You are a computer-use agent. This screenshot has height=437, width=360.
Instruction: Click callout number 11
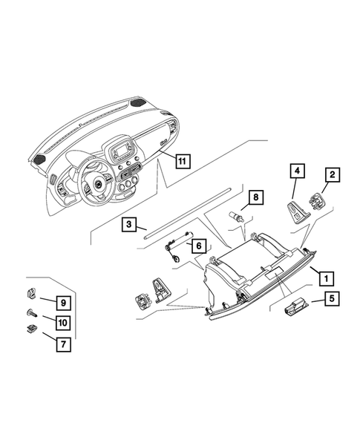(181, 157)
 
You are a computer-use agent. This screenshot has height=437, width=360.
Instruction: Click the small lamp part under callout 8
(238, 216)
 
